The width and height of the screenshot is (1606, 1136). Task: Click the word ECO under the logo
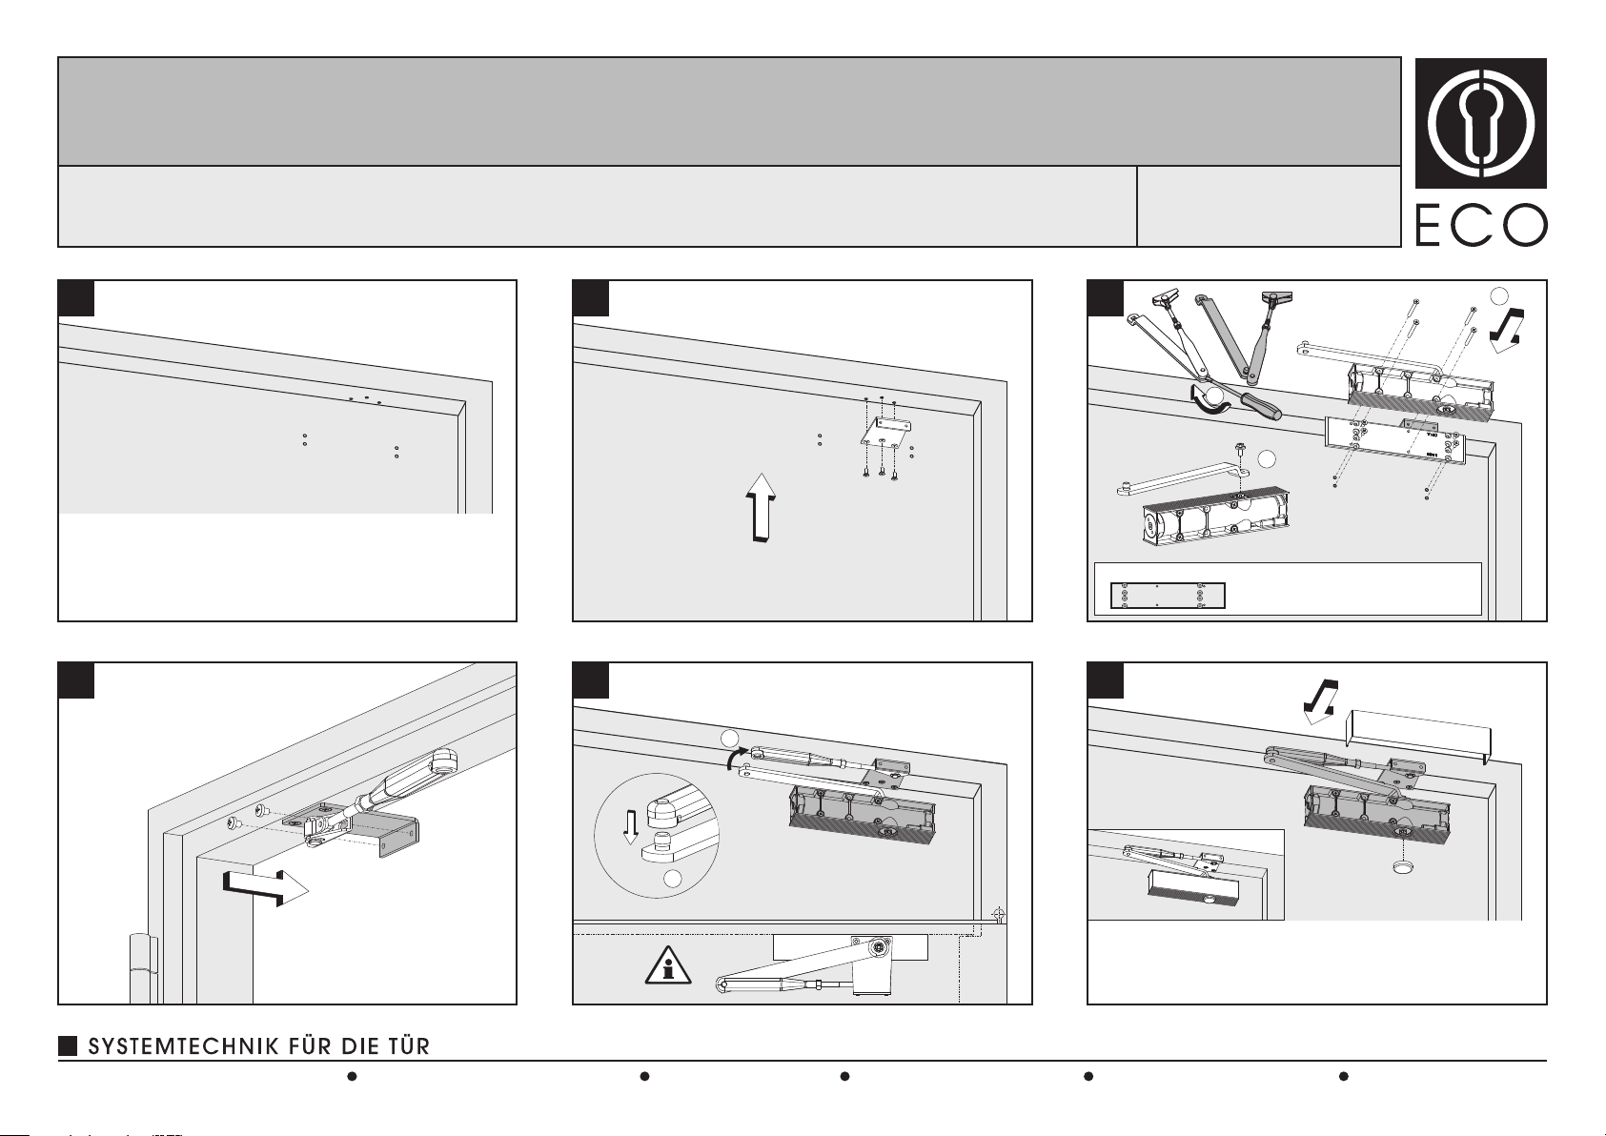(1481, 225)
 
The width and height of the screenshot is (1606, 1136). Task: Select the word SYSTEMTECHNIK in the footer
(184, 1046)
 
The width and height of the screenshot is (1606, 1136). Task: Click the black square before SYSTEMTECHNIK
(68, 1046)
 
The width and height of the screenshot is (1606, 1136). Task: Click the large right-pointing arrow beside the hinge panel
(265, 889)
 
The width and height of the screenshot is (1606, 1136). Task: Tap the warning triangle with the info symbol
(667, 964)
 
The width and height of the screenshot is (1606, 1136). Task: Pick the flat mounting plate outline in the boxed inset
(1168, 596)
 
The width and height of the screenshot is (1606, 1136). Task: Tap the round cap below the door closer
(1401, 866)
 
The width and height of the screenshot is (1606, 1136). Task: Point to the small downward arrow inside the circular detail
(630, 827)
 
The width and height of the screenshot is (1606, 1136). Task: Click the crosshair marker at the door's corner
(998, 915)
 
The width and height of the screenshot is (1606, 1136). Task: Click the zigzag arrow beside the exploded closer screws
(1507, 330)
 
